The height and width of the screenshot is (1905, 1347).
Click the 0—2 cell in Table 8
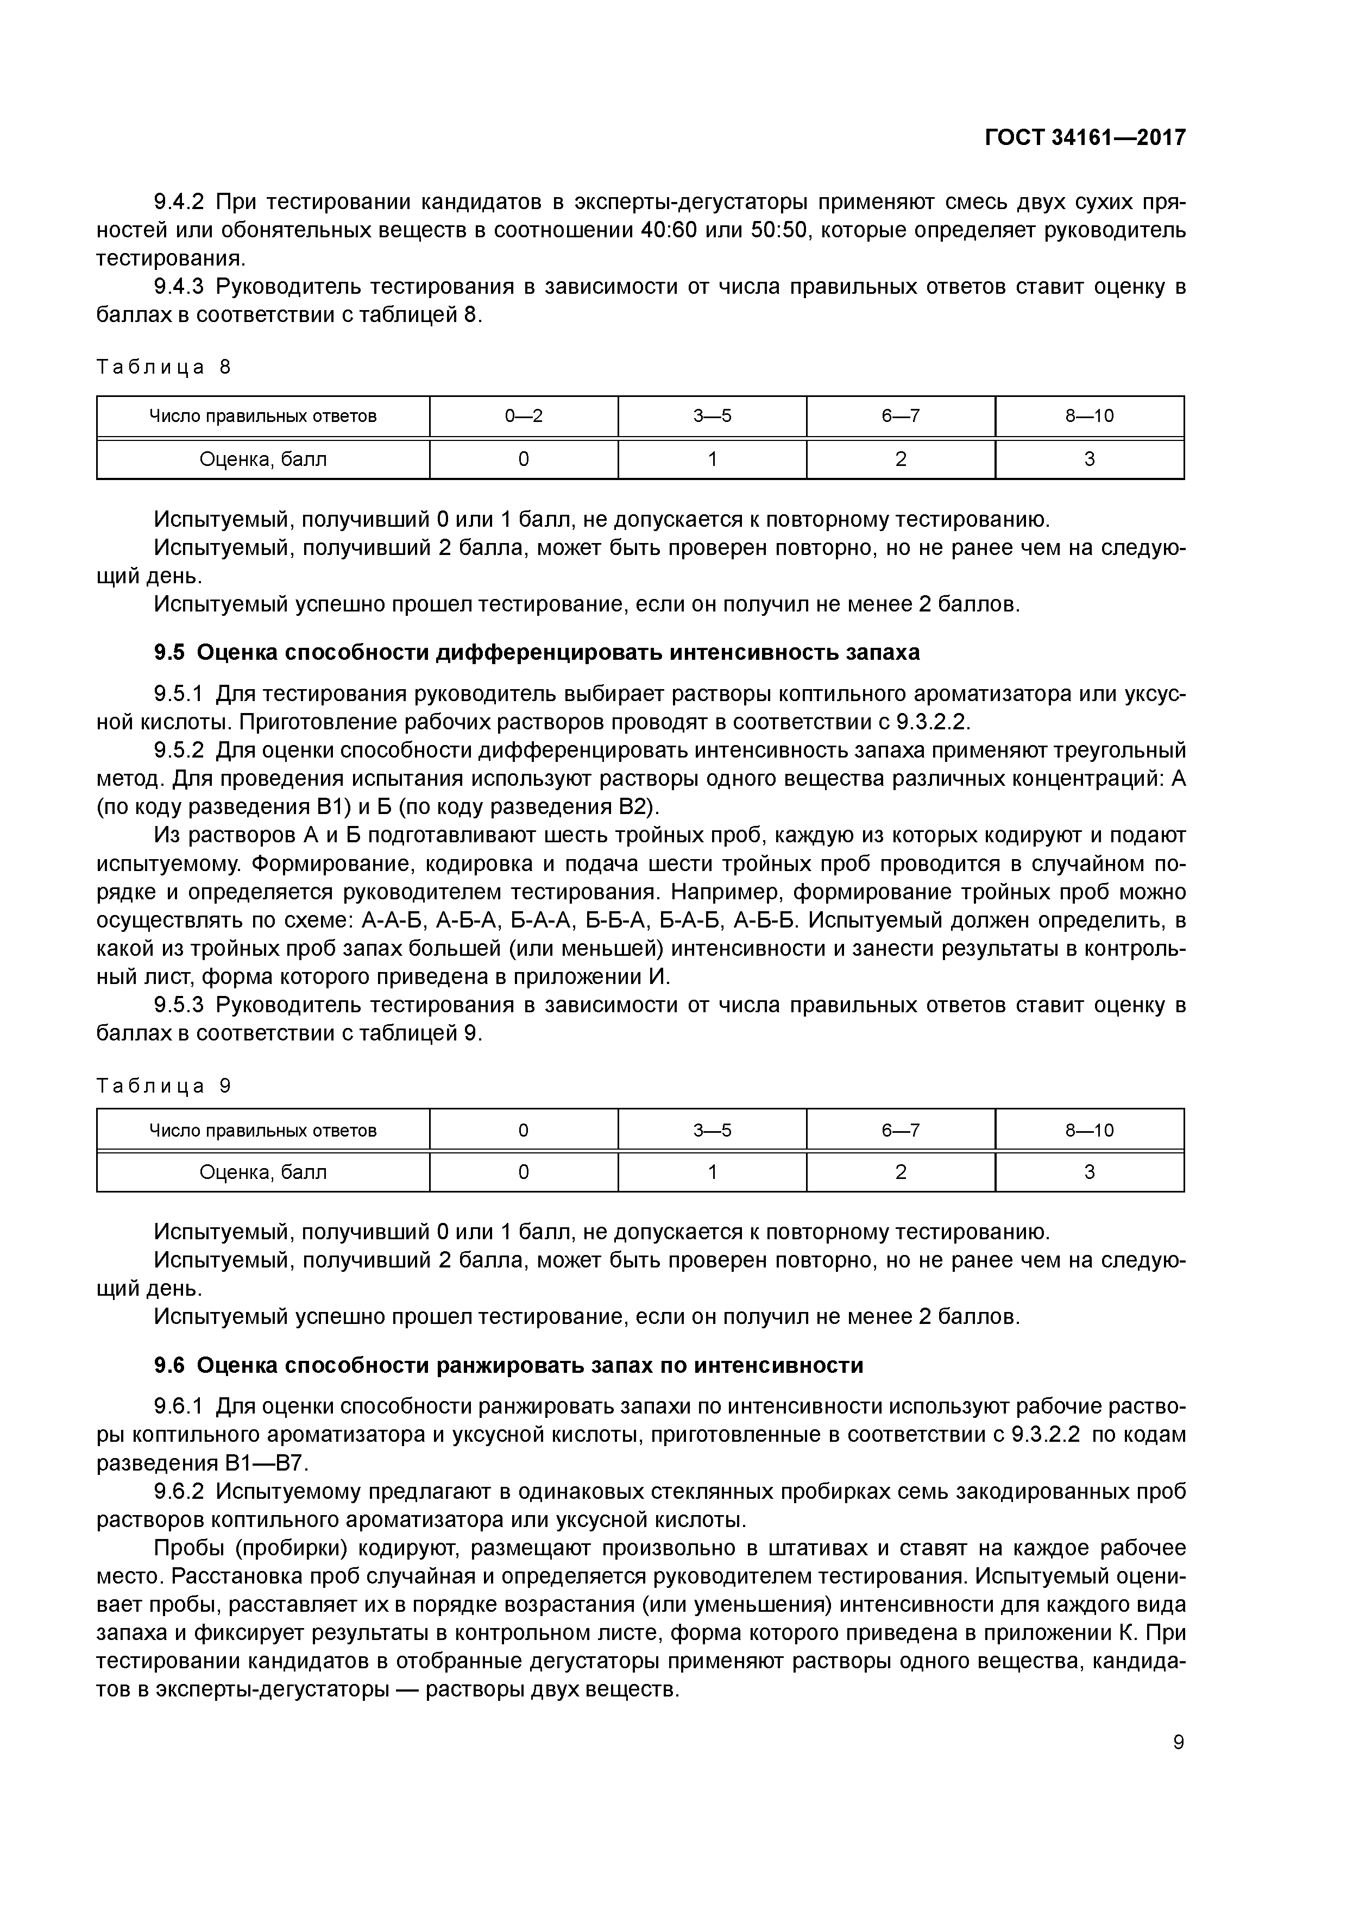[x=523, y=415]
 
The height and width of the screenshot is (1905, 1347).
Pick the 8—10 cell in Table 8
[x=1089, y=415]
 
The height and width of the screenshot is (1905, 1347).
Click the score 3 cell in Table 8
[x=1089, y=459]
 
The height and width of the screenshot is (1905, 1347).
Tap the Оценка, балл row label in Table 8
[x=262, y=459]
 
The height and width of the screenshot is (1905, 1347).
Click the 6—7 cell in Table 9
[x=901, y=1130]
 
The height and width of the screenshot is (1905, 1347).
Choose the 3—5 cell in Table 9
[x=712, y=1130]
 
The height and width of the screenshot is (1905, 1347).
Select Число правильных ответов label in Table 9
[x=262, y=1130]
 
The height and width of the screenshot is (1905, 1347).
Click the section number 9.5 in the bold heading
[x=169, y=653]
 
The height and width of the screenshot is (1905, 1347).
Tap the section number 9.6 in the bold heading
[x=169, y=1366]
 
